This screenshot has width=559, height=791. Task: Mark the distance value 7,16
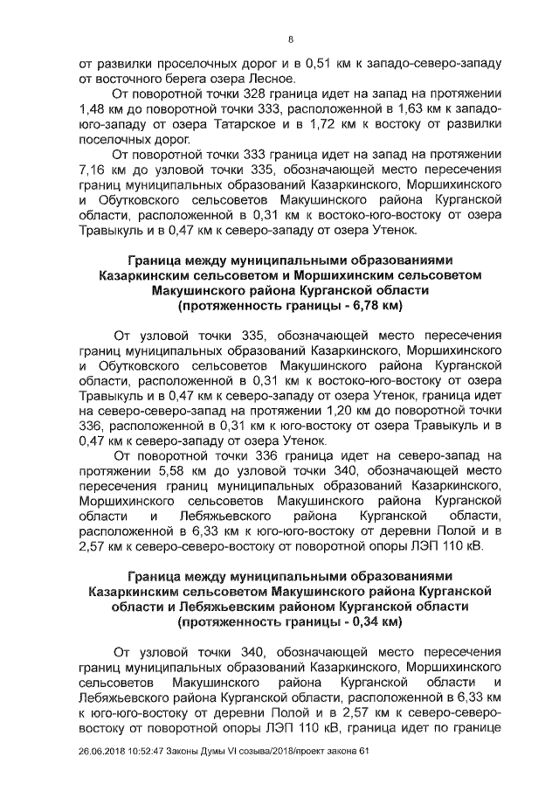coord(93,170)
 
